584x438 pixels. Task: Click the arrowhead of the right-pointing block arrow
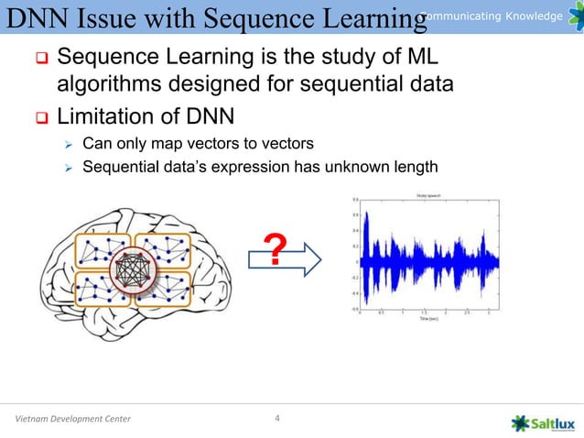pos(316,259)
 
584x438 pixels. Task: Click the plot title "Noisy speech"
pos(428,194)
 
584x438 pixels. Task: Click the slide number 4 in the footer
pos(278,420)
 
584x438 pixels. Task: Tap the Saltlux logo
pos(543,421)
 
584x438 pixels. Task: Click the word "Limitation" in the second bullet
pos(103,117)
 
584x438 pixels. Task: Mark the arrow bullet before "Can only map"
pos(66,145)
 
